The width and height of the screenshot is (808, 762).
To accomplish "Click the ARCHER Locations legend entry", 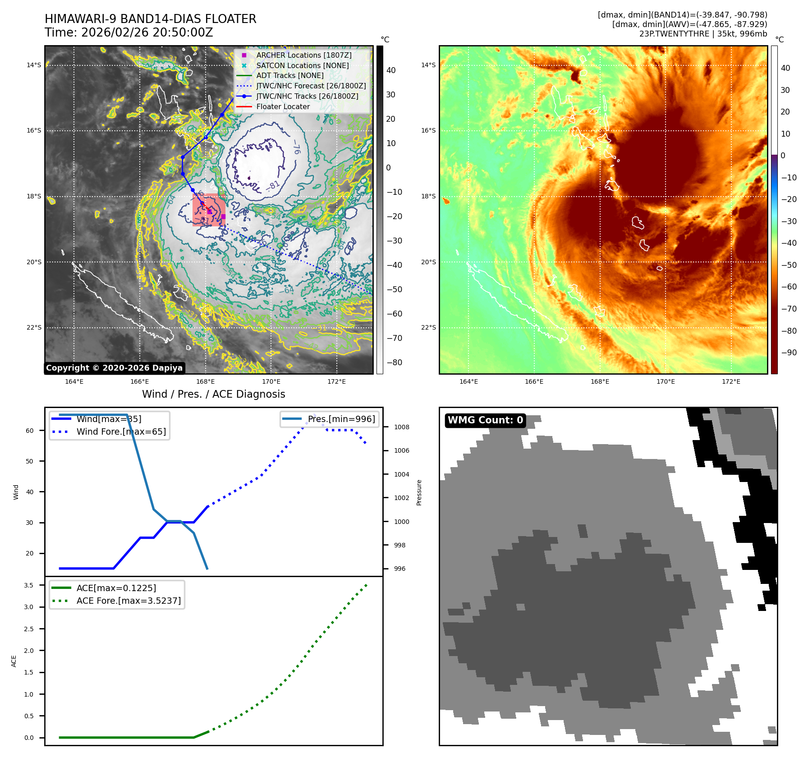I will click(303, 55).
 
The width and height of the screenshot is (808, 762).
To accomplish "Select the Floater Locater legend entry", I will click(283, 107).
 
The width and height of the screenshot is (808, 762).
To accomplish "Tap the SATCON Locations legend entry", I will click(302, 65).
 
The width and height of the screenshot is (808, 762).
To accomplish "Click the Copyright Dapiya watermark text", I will click(114, 368).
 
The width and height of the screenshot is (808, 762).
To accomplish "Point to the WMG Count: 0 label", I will click(485, 420).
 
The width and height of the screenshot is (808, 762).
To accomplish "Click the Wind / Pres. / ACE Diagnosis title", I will click(213, 394).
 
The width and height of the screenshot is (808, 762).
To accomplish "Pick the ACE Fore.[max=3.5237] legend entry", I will click(129, 601).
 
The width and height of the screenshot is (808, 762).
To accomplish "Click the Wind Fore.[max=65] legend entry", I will click(121, 431).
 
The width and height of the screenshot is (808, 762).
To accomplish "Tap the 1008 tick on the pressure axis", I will click(401, 427).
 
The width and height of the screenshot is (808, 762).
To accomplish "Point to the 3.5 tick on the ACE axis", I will click(29, 585).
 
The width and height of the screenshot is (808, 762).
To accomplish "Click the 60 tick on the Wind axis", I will click(30, 431).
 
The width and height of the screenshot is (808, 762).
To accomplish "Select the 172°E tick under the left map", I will click(336, 381).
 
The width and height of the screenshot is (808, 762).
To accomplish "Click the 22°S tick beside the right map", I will click(428, 327).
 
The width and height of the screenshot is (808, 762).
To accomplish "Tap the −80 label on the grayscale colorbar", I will click(395, 363).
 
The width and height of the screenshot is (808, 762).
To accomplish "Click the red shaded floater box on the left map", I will click(209, 210).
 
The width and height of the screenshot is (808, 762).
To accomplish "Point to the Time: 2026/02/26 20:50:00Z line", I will click(129, 32).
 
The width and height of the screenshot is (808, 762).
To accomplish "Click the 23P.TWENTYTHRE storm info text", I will click(702, 34).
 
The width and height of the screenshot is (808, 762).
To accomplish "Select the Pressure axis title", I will click(419, 492).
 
